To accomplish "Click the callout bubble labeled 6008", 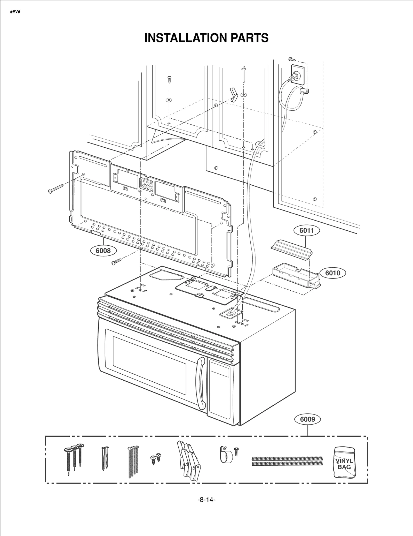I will point(103,250).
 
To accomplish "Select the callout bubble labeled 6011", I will point(306,230).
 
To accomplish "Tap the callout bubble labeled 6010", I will point(332,273).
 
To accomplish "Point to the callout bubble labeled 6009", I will point(307,419).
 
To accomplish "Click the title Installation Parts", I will point(206,38).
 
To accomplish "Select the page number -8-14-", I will point(206,507).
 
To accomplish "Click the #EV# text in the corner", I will point(15,12).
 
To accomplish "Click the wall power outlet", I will point(298,75).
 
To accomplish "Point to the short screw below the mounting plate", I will point(116,261).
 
